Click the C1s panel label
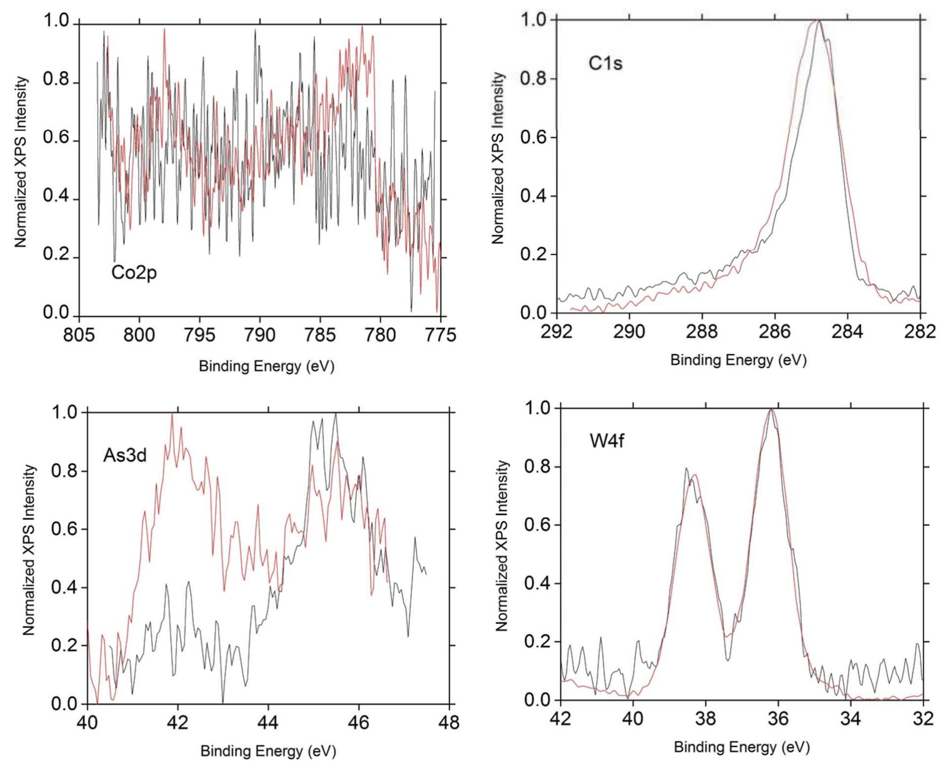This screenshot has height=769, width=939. click(605, 63)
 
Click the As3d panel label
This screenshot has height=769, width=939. click(125, 456)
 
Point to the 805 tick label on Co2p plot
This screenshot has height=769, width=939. click(79, 335)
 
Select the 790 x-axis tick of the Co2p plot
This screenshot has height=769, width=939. click(260, 335)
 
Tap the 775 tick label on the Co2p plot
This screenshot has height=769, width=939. click(441, 335)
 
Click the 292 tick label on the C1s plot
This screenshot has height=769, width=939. click(557, 332)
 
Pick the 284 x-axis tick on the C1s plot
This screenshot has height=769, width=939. click(848, 332)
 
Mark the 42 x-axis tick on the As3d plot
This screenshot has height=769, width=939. click(178, 722)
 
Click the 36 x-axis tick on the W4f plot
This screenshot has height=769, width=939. click(778, 719)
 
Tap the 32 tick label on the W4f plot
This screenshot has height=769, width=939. click(923, 719)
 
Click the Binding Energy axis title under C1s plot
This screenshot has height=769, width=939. click(738, 360)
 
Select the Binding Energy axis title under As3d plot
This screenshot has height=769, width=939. click(268, 751)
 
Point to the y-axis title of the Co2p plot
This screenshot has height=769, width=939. click(20, 162)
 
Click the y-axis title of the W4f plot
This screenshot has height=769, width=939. click(501, 545)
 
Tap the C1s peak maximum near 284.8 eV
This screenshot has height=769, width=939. click(818, 21)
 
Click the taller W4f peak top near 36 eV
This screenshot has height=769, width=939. click(771, 409)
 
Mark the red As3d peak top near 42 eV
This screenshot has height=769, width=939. click(172, 414)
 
